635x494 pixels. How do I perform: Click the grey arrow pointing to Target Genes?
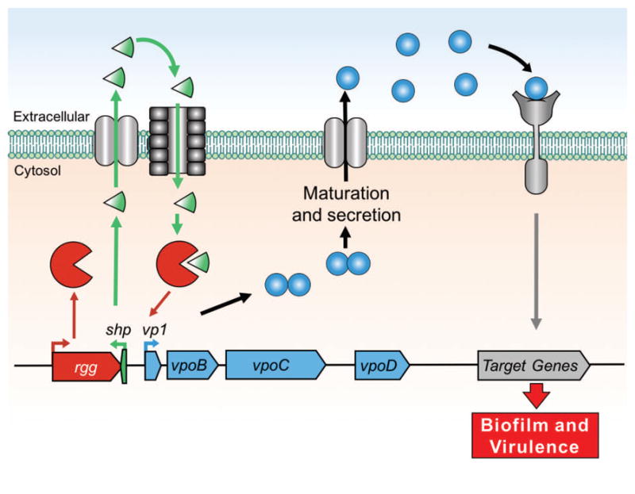[537, 269]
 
